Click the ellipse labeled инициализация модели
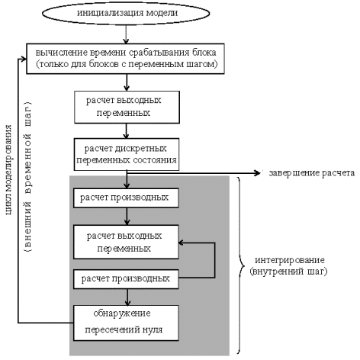126,13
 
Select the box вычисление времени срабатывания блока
125,59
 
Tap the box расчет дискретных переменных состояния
127,154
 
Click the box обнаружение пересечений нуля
126,323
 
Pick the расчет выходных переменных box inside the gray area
126,242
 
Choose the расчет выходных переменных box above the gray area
127,108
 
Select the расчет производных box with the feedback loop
126,279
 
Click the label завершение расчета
312,173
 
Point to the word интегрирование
290,260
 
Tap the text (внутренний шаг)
288,272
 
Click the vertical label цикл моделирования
9,170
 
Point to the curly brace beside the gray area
240,265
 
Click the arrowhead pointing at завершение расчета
258,173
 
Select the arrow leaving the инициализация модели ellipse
126,34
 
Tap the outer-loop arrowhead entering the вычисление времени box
24,59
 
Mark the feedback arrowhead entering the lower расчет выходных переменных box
181,243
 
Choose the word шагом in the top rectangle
205,64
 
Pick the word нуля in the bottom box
153,329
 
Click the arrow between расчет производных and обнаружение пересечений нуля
127,297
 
